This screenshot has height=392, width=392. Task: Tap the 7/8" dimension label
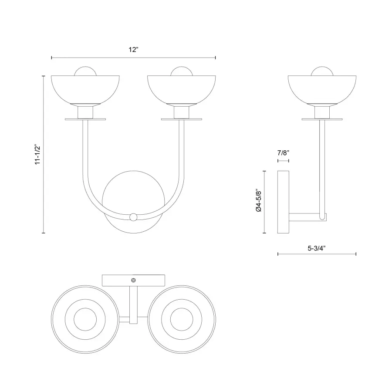click(x=283, y=153)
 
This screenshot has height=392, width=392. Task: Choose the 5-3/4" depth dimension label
click(x=317, y=248)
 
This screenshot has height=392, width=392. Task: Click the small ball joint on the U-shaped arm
click(x=134, y=216)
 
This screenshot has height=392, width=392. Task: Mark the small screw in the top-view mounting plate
click(x=134, y=280)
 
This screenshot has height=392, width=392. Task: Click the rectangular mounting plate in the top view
click(x=118, y=280)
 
